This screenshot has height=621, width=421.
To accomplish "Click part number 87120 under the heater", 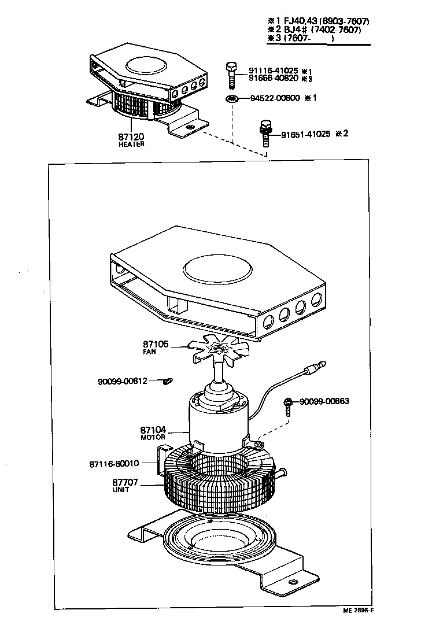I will point(131,137).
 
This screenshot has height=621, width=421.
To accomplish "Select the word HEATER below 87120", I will point(131,145).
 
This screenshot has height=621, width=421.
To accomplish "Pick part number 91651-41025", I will point(306,134).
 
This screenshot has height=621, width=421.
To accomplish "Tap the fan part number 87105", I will point(156,344).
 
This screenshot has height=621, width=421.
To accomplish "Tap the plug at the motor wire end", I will point(317,365).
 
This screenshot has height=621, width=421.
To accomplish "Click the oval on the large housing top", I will point(217,269).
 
